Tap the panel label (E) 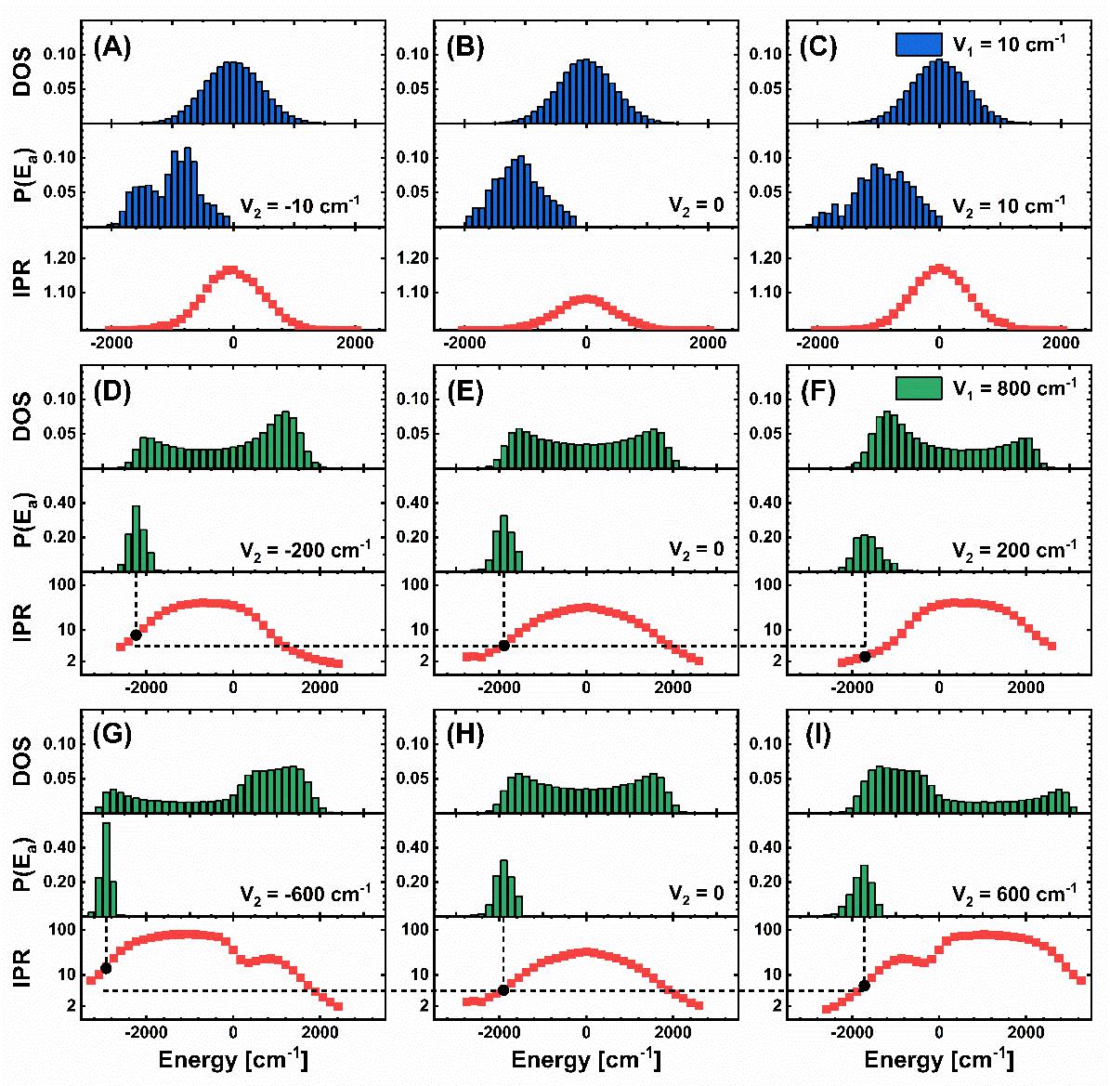(x=465, y=393)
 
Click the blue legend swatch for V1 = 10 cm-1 (x=919, y=45)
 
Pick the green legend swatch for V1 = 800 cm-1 (x=919, y=387)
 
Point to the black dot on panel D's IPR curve (x=137, y=635)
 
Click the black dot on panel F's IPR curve (x=865, y=657)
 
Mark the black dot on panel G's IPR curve (x=106, y=968)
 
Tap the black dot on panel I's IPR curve (x=864, y=986)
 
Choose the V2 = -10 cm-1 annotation (x=300, y=205)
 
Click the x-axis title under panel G (x=233, y=1060)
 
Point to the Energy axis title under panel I (x=939, y=1060)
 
